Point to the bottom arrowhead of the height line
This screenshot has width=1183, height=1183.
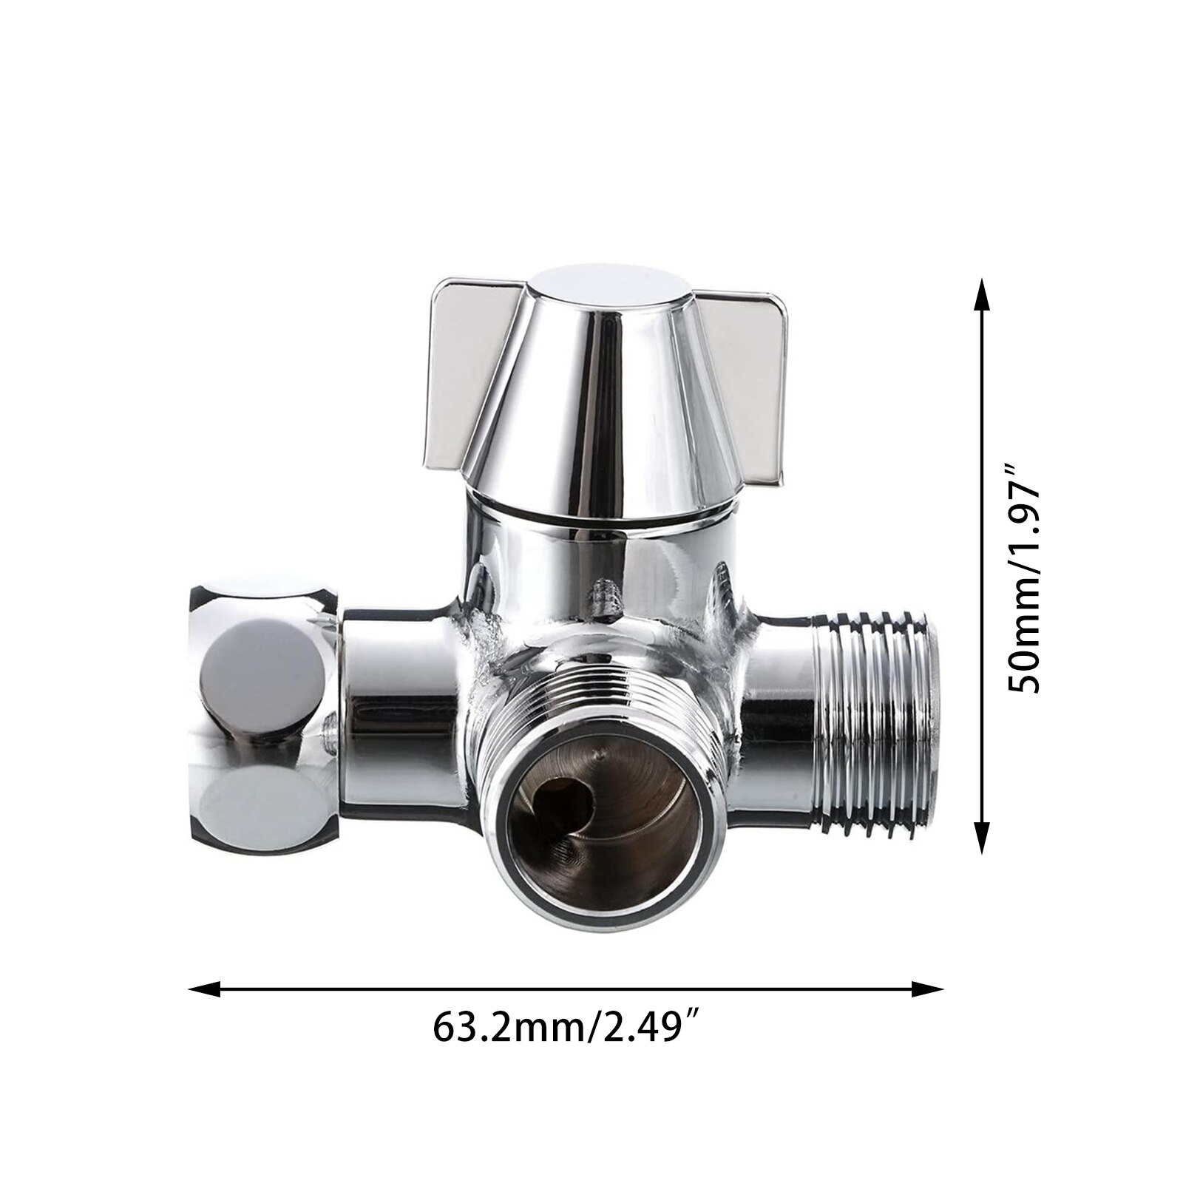click(981, 839)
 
